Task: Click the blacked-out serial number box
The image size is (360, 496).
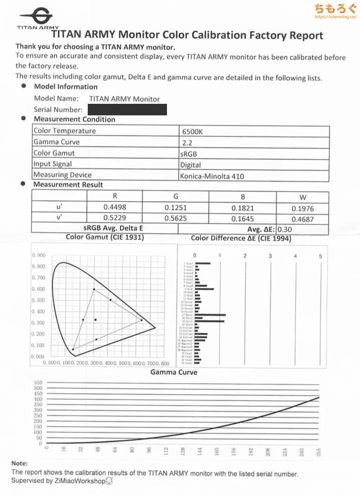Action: (127, 109)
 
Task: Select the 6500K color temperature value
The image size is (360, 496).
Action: (193, 132)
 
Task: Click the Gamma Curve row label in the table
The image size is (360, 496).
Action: (56, 142)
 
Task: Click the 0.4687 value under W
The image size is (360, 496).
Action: (303, 219)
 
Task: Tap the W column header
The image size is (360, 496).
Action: (303, 197)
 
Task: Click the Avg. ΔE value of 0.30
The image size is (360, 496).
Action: (285, 229)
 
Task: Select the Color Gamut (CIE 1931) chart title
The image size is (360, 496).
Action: (105, 237)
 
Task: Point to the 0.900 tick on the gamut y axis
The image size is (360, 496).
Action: (39, 256)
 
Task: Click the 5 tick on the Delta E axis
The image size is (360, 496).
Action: (320, 256)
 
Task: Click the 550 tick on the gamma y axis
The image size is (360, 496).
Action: (38, 383)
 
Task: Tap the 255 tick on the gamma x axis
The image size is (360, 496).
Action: (318, 451)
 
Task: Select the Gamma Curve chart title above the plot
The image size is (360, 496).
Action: (173, 372)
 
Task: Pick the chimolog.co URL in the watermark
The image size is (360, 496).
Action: (334, 17)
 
